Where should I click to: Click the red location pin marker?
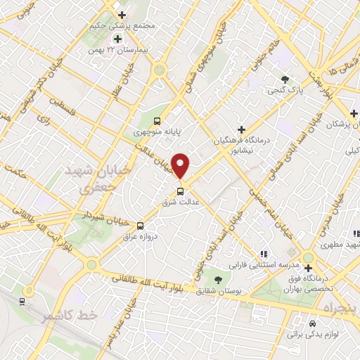[181, 166]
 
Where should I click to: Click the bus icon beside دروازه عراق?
[141, 226]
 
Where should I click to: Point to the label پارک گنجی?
[285, 90]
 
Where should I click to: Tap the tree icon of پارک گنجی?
[285, 79]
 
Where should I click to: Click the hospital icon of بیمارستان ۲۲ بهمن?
[117, 38]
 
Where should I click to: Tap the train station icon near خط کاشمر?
[22, 301]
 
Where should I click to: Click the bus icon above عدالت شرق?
[181, 191]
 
